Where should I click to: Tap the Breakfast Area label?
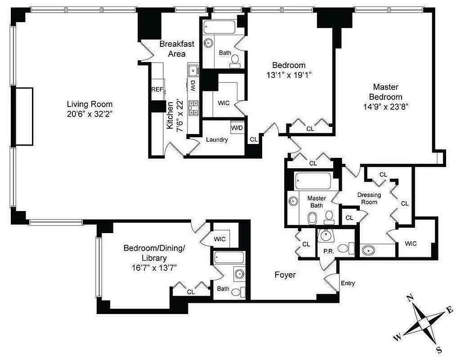tap(177, 49)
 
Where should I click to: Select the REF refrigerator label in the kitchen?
tap(157, 90)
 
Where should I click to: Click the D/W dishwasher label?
tap(192, 85)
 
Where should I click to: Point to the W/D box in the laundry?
tap(237, 128)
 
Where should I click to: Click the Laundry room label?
tap(217, 139)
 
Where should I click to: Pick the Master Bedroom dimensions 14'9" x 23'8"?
tap(385, 107)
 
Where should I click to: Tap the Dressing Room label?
tap(369, 198)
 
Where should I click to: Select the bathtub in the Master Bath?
tap(313, 181)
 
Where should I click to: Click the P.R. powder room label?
tap(328, 251)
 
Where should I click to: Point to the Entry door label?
tap(348, 283)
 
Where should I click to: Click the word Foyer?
tap(285, 274)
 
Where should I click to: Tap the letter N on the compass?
tap(410, 298)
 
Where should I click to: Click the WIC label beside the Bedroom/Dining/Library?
tap(220, 239)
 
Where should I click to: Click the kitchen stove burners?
tap(194, 108)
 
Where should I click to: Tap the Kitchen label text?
tap(170, 116)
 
